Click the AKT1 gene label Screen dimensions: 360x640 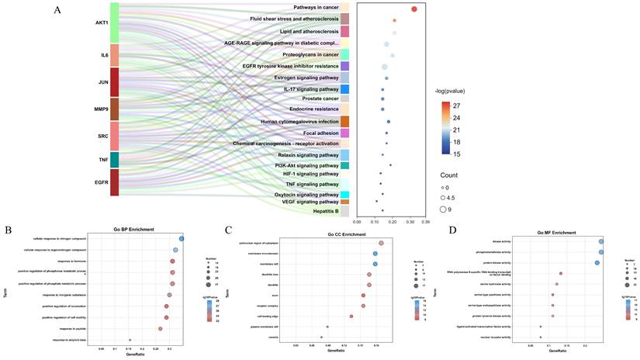pyautogui.click(x=102, y=22)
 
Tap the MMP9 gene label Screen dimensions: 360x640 pyautogui.click(x=102, y=109)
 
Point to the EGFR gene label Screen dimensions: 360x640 pyautogui.click(x=102, y=183)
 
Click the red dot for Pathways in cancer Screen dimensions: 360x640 pyautogui.click(x=414, y=9)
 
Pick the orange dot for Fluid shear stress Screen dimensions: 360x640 pyautogui.click(x=395, y=20)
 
